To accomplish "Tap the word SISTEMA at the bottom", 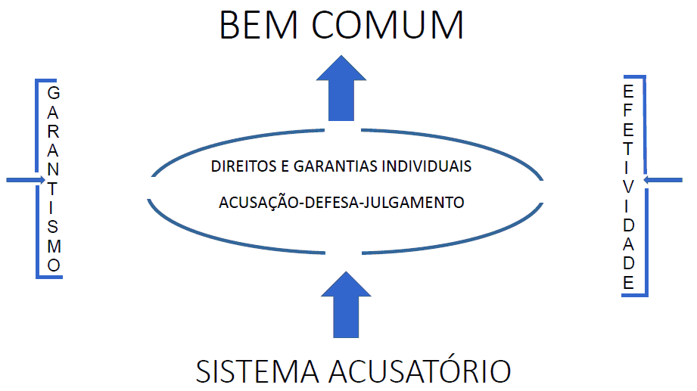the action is (257, 371).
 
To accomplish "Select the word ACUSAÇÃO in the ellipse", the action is (260, 203).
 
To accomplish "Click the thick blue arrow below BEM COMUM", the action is (341, 87).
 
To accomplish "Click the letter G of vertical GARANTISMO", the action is (53, 94).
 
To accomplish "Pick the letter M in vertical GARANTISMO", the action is (53, 247).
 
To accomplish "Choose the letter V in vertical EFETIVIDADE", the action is (628, 187).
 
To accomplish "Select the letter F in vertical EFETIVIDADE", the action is (628, 109).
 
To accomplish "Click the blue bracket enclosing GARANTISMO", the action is (38, 178).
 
